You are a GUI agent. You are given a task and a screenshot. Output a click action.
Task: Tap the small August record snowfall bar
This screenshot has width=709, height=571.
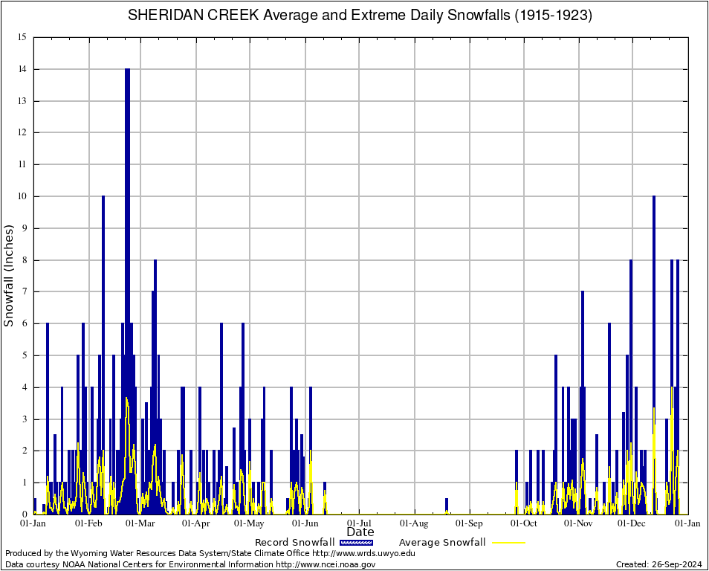[x=447, y=506]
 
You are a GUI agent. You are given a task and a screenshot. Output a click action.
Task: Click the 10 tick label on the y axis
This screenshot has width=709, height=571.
[x=23, y=196]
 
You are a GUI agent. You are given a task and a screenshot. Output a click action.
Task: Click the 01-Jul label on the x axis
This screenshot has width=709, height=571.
[x=359, y=523]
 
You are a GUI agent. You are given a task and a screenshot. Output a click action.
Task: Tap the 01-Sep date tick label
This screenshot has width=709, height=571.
[x=469, y=523]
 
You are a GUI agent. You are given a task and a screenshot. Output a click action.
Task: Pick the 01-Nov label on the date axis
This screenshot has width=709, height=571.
[x=578, y=523]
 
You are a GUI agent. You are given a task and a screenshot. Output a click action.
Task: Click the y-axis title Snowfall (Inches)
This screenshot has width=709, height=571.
[x=9, y=276]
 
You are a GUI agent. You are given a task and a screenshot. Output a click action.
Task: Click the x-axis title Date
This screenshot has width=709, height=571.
[x=360, y=532]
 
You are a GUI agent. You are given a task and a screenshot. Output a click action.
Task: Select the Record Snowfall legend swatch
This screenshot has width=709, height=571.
[x=356, y=543]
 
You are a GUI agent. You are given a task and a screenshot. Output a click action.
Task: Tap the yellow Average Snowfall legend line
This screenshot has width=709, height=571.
[x=507, y=543]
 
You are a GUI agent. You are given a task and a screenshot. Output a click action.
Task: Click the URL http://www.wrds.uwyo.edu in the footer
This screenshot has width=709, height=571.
[x=363, y=553]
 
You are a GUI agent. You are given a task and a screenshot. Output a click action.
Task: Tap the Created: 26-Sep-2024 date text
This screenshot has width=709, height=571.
[x=659, y=564]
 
